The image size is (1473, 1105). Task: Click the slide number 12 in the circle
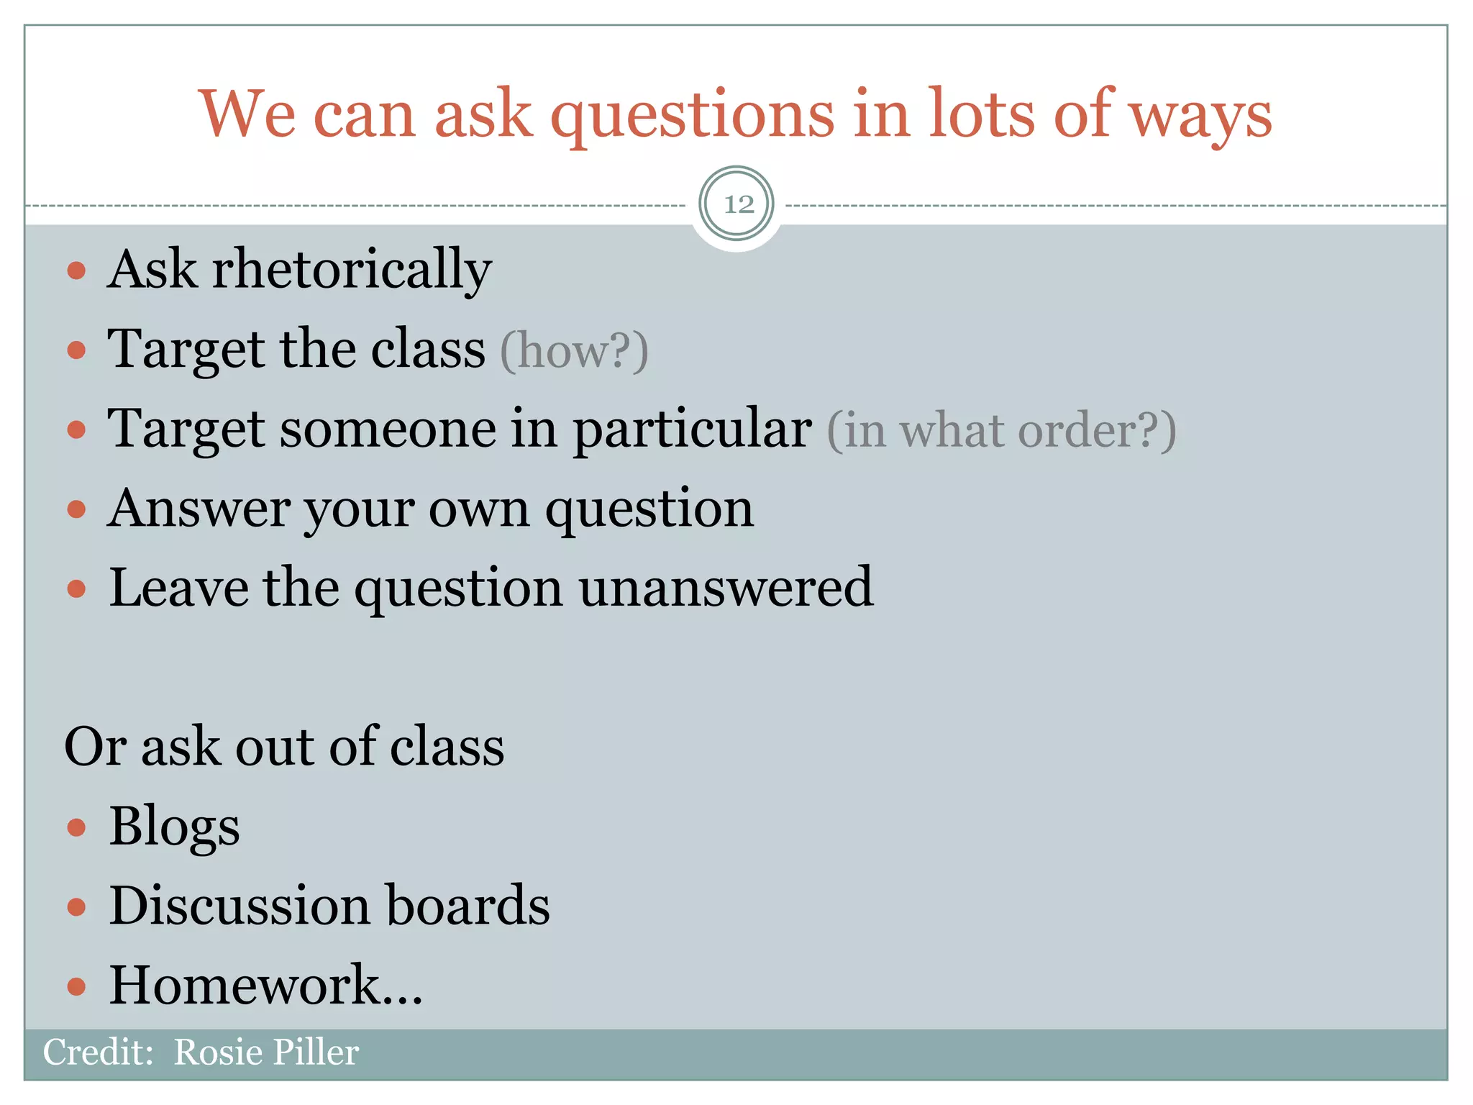737,204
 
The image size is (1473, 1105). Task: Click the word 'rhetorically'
352,270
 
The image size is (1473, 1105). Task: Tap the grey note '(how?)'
574,351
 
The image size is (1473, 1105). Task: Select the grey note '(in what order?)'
1000,430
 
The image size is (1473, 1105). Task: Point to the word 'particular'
693,430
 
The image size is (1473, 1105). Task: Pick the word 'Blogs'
174,827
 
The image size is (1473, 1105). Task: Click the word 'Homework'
245,985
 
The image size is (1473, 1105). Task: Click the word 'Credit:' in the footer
98,1052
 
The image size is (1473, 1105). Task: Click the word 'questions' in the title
692,115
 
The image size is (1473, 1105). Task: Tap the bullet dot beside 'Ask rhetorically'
76,271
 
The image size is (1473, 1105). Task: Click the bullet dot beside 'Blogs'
76,828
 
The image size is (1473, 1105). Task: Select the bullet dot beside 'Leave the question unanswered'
76,589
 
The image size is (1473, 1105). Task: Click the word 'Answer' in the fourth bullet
199,509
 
